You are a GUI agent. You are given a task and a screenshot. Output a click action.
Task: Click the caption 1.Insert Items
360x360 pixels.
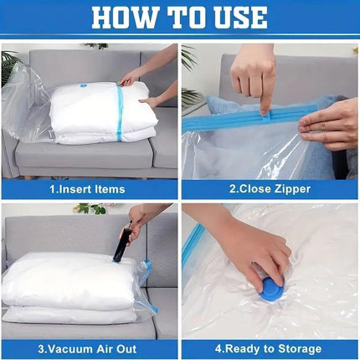[x=90, y=189]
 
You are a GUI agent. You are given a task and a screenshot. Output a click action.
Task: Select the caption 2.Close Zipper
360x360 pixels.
[x=270, y=189]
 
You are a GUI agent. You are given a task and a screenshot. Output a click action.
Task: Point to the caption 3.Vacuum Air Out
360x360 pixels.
[x=90, y=348]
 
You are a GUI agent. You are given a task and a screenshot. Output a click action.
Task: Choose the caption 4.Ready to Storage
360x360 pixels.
[x=270, y=348]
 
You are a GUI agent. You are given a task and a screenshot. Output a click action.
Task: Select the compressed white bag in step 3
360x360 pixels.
[x=71, y=285]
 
